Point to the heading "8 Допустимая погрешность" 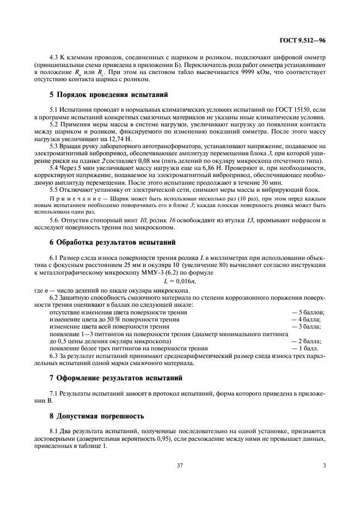[97, 416]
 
